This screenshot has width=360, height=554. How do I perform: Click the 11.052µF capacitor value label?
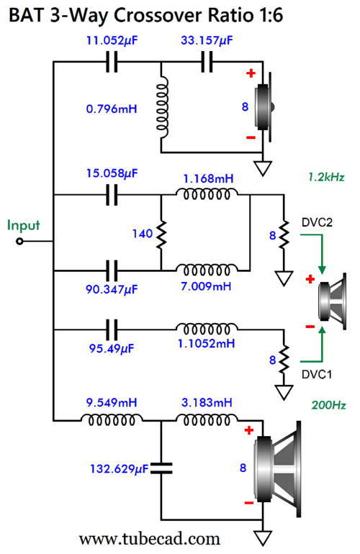pyautogui.click(x=112, y=41)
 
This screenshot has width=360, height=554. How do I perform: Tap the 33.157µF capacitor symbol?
pyautogui.click(x=207, y=62)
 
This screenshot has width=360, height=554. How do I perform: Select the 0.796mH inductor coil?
pyautogui.click(x=163, y=108)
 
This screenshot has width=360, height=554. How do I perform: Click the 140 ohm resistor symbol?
pyautogui.click(x=161, y=234)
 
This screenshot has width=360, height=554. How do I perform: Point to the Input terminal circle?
pyautogui.click(x=20, y=241)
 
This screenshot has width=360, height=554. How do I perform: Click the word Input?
pyautogui.click(x=23, y=226)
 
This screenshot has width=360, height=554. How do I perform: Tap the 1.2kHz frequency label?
pyautogui.click(x=326, y=177)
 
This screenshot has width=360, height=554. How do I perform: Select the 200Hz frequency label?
pyautogui.click(x=328, y=405)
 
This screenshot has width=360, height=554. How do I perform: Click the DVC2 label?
pyautogui.click(x=317, y=222)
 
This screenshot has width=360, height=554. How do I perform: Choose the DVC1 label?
pyautogui.click(x=317, y=375)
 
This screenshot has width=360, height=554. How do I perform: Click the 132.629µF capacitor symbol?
pyautogui.click(x=161, y=468)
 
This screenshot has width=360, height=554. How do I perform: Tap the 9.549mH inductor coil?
pyautogui.click(x=112, y=419)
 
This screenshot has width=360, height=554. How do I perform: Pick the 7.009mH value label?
pyautogui.click(x=206, y=286)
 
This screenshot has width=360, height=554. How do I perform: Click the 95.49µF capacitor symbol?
pyautogui.click(x=112, y=330)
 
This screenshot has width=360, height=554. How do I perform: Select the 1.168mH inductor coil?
pyautogui.click(x=207, y=194)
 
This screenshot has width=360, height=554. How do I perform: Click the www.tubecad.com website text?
pyautogui.click(x=149, y=539)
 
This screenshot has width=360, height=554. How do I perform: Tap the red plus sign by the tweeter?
pyautogui.click(x=251, y=73)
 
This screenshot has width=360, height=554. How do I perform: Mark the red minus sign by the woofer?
pyautogui.click(x=249, y=503)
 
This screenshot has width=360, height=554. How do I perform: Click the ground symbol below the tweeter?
pyautogui.click(x=263, y=168)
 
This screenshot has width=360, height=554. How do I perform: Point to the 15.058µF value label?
pyautogui.click(x=112, y=173)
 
